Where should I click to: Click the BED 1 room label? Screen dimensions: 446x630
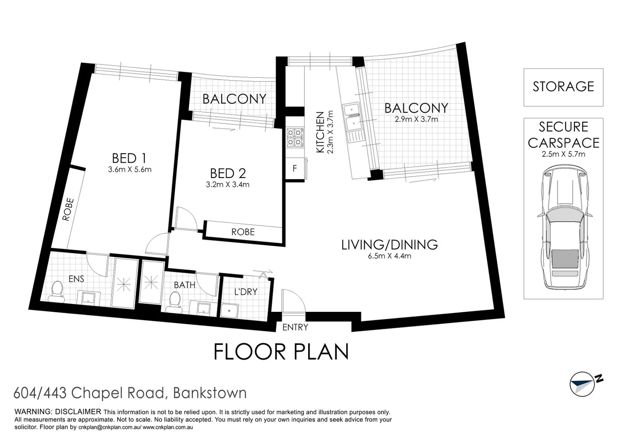(x=129, y=158)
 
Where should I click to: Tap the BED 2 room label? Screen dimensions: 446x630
(x=228, y=173)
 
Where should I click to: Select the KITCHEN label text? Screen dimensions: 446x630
(x=320, y=132)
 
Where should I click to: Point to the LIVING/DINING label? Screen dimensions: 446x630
(x=389, y=244)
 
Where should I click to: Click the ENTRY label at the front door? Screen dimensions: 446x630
(x=295, y=327)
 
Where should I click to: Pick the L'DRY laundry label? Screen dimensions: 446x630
(x=245, y=292)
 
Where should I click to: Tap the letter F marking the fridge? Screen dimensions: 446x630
(x=295, y=168)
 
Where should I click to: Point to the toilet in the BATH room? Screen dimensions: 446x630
(x=175, y=302)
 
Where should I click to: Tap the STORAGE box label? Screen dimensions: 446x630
(x=563, y=87)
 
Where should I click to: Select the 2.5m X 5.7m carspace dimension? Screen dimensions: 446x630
(x=563, y=154)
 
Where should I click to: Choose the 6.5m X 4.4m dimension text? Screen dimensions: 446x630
(x=389, y=256)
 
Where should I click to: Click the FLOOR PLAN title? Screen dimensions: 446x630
(x=281, y=352)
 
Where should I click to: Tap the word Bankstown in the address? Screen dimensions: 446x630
(x=210, y=393)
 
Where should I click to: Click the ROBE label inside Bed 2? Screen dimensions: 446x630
(x=243, y=232)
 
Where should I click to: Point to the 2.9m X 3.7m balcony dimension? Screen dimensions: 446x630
(x=416, y=119)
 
